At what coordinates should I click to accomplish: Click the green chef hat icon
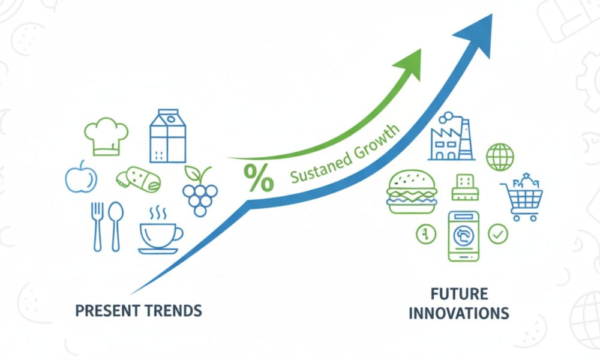point(106,136)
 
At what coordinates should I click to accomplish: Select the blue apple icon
point(81,177)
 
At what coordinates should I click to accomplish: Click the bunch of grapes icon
point(200,191)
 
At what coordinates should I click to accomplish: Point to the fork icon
point(98,226)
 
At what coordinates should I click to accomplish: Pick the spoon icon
point(116,226)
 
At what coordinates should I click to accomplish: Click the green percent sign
point(259,178)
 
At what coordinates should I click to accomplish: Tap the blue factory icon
point(451,136)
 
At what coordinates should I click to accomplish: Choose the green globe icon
point(500,157)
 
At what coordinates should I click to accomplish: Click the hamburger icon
point(412,191)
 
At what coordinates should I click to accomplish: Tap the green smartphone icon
point(463,236)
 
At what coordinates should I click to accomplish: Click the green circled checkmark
point(498,234)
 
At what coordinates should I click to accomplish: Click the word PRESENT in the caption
point(105,311)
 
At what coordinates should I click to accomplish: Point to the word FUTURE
point(459,294)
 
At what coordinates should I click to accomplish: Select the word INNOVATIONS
point(459,313)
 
